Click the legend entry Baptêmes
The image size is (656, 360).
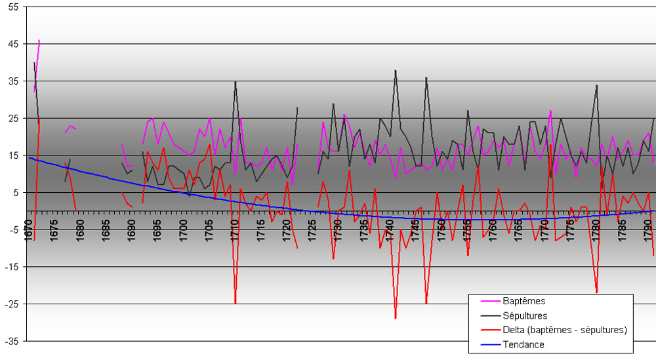[x=524, y=301]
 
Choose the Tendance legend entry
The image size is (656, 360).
[x=523, y=344]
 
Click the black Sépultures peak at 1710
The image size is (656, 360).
[x=236, y=81]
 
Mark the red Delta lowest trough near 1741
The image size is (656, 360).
[x=396, y=318]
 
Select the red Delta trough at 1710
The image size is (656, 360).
[x=236, y=303]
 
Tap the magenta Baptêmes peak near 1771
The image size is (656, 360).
[x=550, y=111]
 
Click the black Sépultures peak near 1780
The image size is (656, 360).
[x=597, y=85]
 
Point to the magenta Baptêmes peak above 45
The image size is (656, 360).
[x=39, y=40]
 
